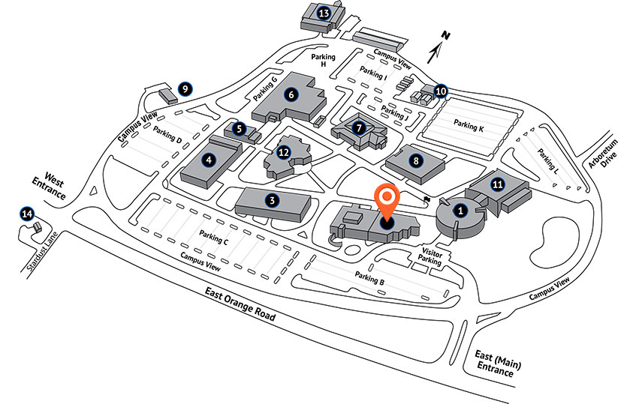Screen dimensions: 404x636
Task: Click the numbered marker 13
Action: (324, 13)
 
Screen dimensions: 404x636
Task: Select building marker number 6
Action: (291, 94)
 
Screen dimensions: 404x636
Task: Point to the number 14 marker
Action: (28, 214)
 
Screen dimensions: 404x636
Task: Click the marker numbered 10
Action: (441, 91)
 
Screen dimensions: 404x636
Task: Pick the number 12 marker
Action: (283, 152)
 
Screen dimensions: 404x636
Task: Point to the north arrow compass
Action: (438, 46)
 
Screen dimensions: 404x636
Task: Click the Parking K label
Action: (470, 127)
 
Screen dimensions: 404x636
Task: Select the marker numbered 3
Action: (273, 199)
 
